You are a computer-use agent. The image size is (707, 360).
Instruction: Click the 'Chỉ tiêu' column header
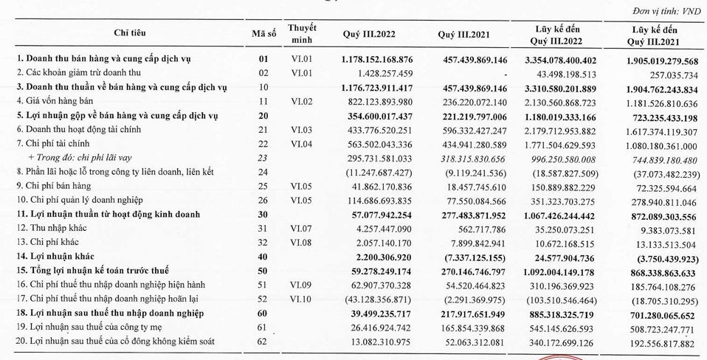coord(130,33)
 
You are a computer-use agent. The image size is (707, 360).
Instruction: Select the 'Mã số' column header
coord(263,33)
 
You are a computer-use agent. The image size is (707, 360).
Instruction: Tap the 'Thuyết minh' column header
coord(302,34)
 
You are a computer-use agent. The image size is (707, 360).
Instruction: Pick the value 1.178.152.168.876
coord(376,60)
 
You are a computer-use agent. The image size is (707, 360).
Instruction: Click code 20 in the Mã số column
coord(263,116)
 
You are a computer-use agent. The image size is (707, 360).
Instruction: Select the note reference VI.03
coord(301,130)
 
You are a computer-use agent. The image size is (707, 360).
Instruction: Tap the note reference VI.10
coord(301,299)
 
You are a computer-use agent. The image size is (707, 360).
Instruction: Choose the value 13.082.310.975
coord(379,342)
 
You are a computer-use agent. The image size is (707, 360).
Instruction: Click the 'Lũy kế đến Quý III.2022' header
coord(556,35)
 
